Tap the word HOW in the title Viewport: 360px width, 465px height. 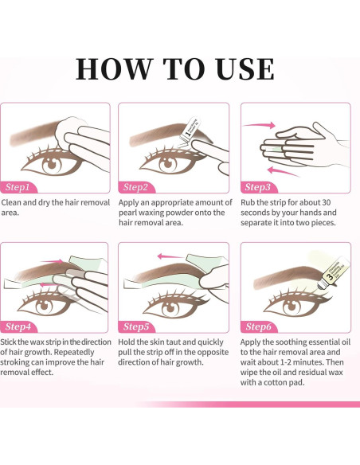point(114,69)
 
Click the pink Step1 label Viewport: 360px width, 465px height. point(18,187)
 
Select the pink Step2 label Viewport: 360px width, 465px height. point(136,187)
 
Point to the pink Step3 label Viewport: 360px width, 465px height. point(258,187)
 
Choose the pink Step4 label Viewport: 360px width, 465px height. point(18,326)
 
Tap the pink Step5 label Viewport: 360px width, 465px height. point(136,326)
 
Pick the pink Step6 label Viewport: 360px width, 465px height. point(258,326)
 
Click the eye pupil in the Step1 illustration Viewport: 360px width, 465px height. point(53,163)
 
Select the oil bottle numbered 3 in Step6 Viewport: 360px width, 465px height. point(332,273)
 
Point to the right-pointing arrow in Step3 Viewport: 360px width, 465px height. point(259,125)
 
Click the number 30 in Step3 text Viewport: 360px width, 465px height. point(326,202)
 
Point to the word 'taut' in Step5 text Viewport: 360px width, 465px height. point(174,342)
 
